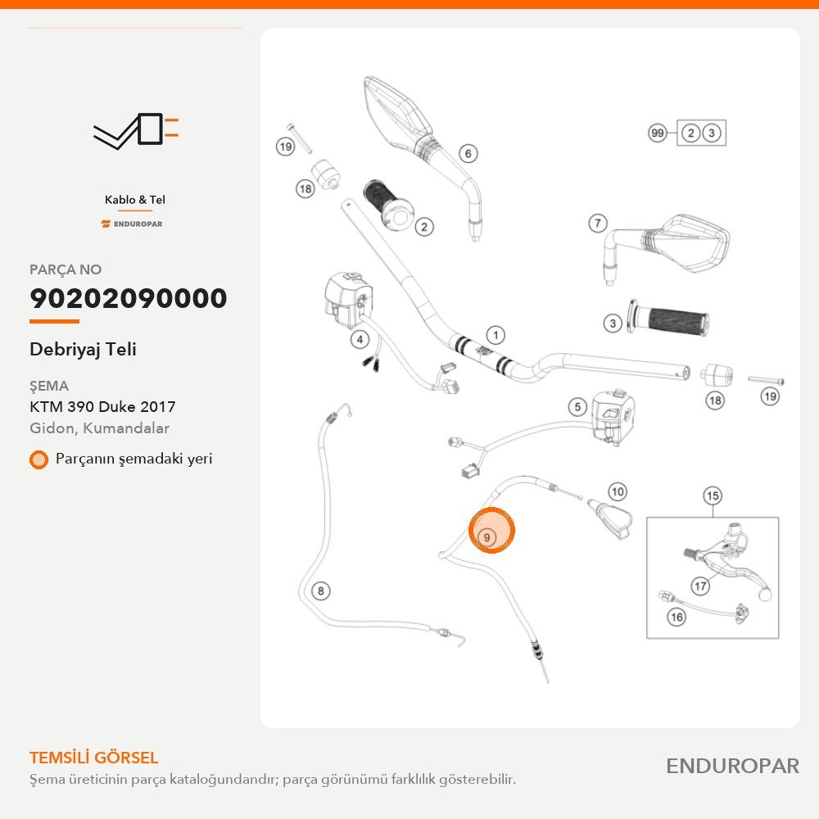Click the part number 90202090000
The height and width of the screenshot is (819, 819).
click(x=129, y=298)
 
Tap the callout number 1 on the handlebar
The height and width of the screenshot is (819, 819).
click(x=495, y=335)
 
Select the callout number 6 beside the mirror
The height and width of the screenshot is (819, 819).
click(x=468, y=154)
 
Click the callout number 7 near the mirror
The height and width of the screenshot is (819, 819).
click(x=598, y=224)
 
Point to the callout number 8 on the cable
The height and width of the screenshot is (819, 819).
click(x=321, y=590)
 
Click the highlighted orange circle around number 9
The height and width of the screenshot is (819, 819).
click(x=491, y=530)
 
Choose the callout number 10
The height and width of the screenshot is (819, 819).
click(x=618, y=491)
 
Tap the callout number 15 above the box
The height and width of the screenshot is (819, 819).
click(x=713, y=495)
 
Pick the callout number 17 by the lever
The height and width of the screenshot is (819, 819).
click(x=700, y=586)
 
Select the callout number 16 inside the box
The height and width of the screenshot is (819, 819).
click(x=676, y=617)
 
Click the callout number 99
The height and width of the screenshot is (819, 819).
click(x=658, y=133)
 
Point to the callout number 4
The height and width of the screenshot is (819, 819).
click(x=360, y=340)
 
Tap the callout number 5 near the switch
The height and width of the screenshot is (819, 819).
click(x=577, y=407)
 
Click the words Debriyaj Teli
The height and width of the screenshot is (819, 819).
click(x=83, y=350)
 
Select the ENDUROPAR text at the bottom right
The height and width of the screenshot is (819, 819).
click(x=732, y=766)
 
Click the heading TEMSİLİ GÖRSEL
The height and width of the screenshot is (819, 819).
click(x=94, y=758)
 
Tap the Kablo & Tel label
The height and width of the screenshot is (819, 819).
click(x=135, y=200)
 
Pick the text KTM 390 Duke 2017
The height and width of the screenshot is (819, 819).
click(x=102, y=406)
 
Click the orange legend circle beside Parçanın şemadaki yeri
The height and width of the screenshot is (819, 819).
click(x=38, y=459)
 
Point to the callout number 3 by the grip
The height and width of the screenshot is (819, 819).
click(x=613, y=323)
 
